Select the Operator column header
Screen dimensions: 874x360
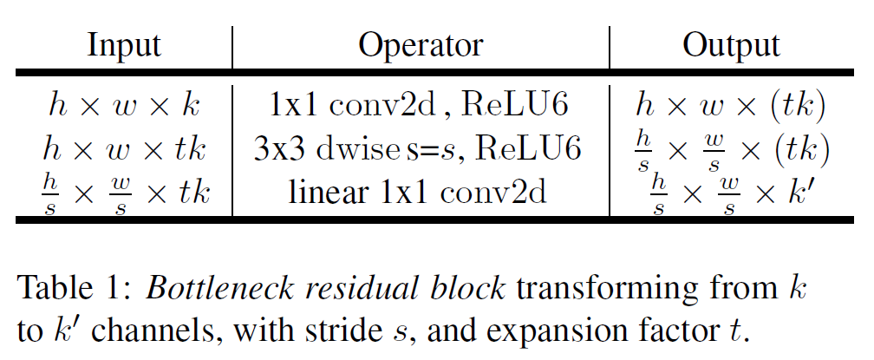[x=421, y=46]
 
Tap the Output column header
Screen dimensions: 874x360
[x=731, y=46]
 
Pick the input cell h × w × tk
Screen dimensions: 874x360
[x=124, y=148]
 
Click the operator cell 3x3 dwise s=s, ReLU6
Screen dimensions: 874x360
[x=421, y=148]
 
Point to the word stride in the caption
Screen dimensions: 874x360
[x=357, y=331]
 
